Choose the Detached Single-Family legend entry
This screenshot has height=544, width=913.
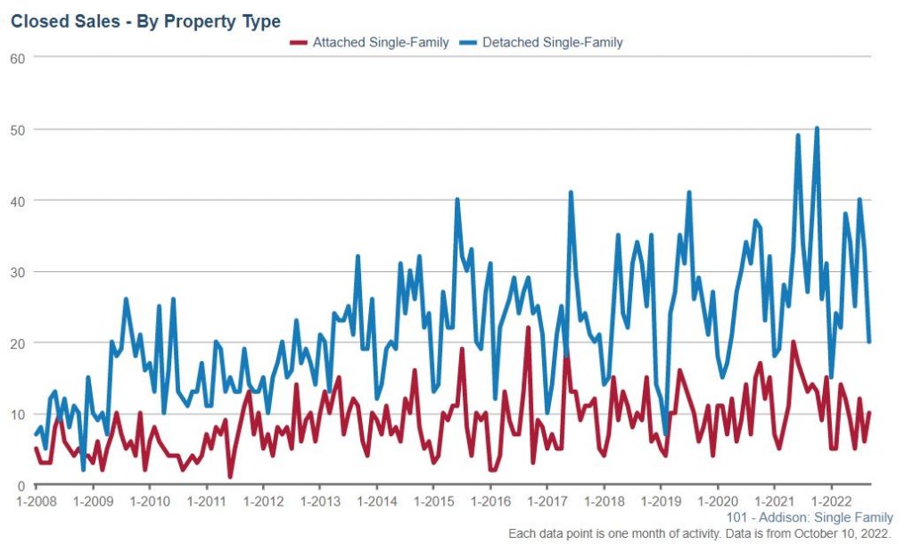coord(552,42)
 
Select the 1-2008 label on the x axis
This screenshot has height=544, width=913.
coord(36,502)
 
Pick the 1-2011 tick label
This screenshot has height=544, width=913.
coord(206,502)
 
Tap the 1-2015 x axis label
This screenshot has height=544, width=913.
coord(432,502)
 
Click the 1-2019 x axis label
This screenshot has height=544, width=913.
coord(659,502)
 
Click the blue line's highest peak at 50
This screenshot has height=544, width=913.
coord(817,128)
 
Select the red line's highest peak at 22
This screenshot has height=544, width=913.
coord(528,328)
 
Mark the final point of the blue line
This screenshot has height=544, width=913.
coord(868,342)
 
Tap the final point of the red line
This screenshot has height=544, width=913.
coord(868,413)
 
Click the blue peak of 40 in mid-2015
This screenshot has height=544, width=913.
coord(457,200)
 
